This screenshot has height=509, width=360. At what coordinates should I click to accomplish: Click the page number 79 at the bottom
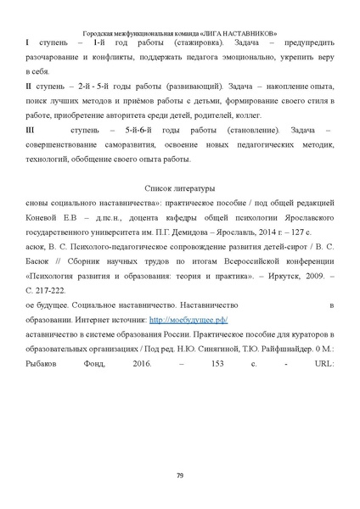click(x=180, y=474)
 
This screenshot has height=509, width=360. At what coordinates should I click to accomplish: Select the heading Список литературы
click(x=180, y=187)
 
